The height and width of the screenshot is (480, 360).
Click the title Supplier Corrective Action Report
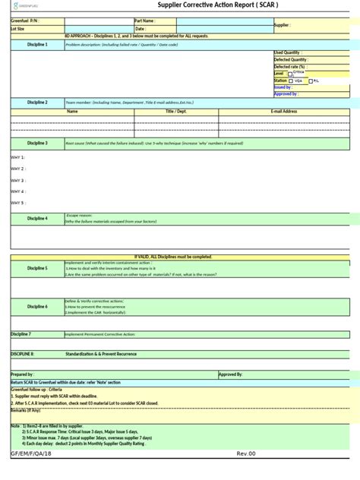coord(217,5)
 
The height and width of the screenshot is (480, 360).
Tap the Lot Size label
coord(19,29)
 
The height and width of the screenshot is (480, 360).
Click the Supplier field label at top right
coord(283,25)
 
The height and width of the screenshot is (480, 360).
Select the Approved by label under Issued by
coord(286,93)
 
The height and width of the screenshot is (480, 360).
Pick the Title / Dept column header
coord(175,112)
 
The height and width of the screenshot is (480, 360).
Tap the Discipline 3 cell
coord(37,143)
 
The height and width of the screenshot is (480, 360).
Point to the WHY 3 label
coord(18,181)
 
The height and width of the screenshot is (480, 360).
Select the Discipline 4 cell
coord(37,219)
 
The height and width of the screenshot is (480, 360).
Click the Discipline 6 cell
coord(37,306)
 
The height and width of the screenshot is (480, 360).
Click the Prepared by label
coord(22,374)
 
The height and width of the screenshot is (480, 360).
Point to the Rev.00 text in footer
coord(247,453)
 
